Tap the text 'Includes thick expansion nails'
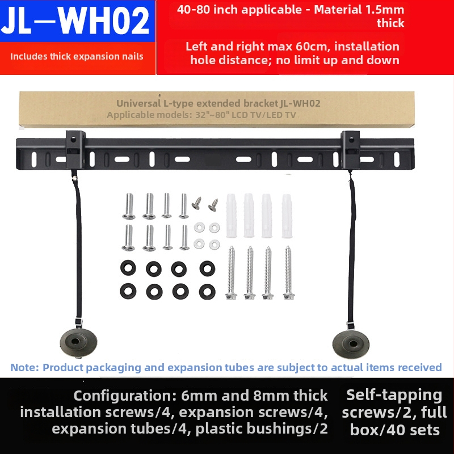pyautogui.click(x=77, y=56)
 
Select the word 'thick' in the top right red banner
pyautogui.click(x=390, y=23)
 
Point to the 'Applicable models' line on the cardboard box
pyautogui.click(x=201, y=115)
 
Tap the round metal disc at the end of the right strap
pyautogui.click(x=349, y=342)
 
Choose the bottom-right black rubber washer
pyautogui.click(x=207, y=292)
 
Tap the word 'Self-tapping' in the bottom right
pyautogui.click(x=394, y=395)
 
